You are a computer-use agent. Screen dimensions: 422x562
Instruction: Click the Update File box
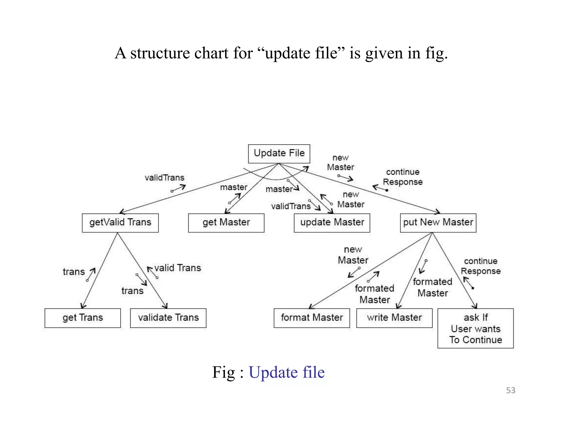tap(279, 154)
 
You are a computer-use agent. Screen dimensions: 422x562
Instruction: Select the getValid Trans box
tap(120, 223)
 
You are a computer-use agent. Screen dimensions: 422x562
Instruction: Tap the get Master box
tap(226, 223)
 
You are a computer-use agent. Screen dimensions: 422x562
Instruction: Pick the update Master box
tap(332, 223)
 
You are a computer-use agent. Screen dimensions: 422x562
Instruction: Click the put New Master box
tap(438, 223)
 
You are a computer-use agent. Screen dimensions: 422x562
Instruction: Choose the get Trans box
tap(83, 318)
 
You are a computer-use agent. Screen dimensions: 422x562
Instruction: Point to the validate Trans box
tap(168, 318)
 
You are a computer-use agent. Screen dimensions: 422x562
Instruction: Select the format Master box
tap(312, 318)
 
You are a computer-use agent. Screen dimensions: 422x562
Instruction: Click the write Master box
tap(394, 318)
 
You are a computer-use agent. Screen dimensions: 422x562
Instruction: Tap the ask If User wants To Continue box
tap(475, 328)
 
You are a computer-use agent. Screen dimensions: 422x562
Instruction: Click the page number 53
tap(510, 390)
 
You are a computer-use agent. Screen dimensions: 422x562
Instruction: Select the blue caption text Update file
tap(286, 373)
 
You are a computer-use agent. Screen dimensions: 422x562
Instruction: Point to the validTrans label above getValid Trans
tap(164, 178)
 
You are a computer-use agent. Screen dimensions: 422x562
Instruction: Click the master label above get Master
tap(234, 187)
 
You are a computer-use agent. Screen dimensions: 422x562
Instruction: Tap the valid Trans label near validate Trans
tap(178, 268)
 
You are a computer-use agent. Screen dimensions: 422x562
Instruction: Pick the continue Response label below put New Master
tap(480, 266)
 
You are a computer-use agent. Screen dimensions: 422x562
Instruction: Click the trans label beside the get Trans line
tap(74, 272)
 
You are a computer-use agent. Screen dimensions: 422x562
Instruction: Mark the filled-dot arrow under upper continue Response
tap(380, 188)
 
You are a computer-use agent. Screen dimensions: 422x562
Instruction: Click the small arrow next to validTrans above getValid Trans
tap(178, 188)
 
